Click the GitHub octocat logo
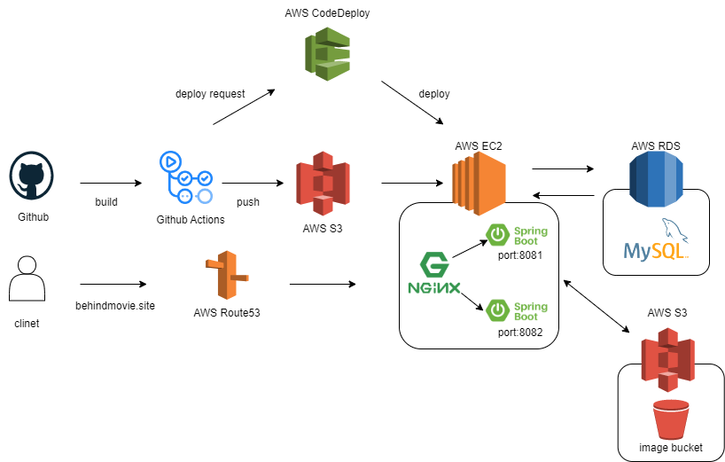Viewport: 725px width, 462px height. click(31, 175)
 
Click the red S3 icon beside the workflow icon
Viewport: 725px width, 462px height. click(323, 183)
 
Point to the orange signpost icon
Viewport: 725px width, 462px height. click(227, 276)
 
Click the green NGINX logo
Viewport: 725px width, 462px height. click(433, 273)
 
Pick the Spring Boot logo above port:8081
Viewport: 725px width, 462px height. click(518, 235)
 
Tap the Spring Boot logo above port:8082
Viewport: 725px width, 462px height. click(518, 310)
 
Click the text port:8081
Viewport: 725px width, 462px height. click(519, 256)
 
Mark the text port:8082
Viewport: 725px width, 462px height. click(519, 333)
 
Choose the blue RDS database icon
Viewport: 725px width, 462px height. click(656, 178)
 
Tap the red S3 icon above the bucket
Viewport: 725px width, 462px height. click(667, 359)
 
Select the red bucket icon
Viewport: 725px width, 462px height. click(670, 419)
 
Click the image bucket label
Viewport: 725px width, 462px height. click(671, 448)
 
